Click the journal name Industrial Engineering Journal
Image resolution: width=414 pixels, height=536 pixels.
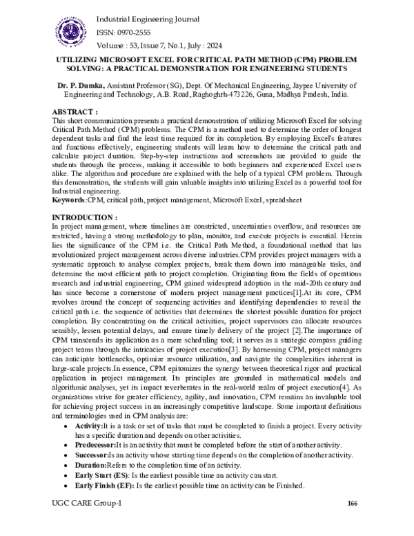[x=141, y=19]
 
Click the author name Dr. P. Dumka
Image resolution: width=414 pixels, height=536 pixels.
[x=80, y=85]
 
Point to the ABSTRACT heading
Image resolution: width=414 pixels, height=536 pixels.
[x=75, y=111]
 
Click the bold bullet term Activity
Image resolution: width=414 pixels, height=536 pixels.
[x=88, y=428]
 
